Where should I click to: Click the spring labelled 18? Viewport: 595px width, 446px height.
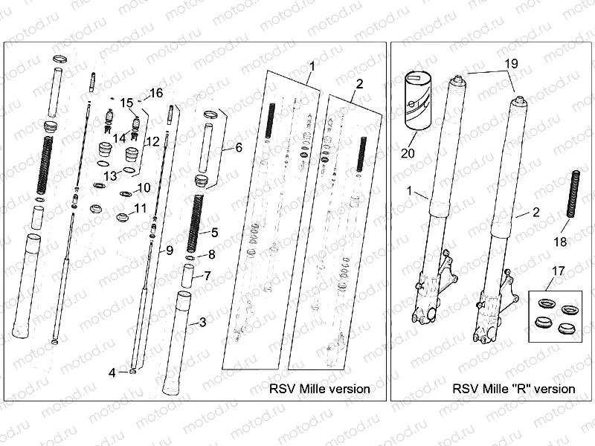click(573, 194)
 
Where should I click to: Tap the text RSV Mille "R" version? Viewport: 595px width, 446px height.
click(513, 389)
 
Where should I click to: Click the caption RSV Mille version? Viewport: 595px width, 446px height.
click(320, 389)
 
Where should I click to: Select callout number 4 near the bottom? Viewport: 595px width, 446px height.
click(112, 373)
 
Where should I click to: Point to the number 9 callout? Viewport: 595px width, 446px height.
click(170, 249)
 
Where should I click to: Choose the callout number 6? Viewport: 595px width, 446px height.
click(238, 148)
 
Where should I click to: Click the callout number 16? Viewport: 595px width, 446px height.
click(155, 93)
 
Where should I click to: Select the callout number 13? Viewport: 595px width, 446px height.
click(110, 175)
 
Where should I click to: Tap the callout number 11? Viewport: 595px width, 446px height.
click(141, 209)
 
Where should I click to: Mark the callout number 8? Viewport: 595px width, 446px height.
click(211, 254)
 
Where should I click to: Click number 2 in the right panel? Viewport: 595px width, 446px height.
click(535, 213)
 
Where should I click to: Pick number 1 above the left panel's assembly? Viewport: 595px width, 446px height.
click(312, 66)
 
